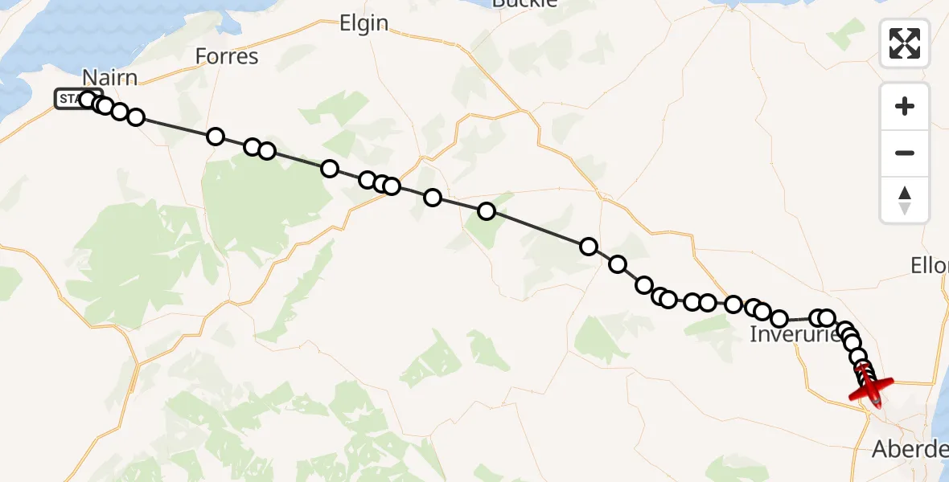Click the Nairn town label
coord(109,77)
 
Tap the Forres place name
coord(227,56)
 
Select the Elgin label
coord(364,23)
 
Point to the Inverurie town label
coord(795,334)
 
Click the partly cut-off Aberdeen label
coord(910,450)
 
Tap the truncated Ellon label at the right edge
coord(930,265)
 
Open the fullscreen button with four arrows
coord(905,43)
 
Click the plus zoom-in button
coord(905,106)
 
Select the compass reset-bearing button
coord(905,200)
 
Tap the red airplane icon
coord(871,390)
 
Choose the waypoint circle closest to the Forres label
coord(216,137)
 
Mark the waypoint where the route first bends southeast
coord(589,247)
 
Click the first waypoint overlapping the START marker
coord(88,100)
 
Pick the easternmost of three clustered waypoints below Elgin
coord(392,186)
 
